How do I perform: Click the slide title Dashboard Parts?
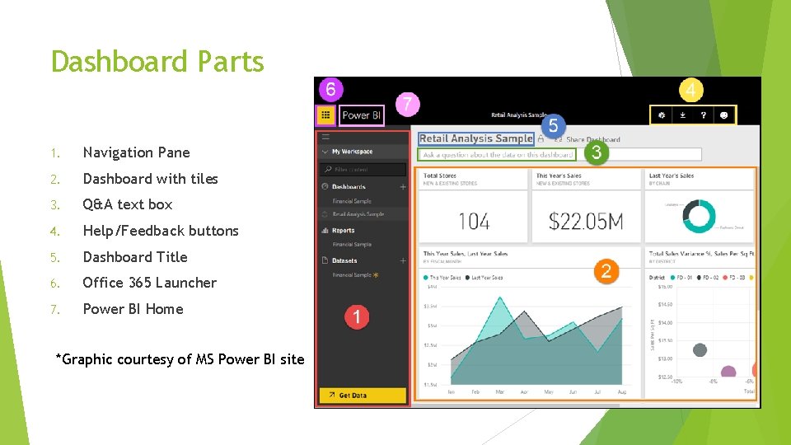[x=157, y=62]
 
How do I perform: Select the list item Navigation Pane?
[x=136, y=152]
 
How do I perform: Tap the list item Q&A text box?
[x=128, y=204]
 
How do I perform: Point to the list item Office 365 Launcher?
[x=149, y=283]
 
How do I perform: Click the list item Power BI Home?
[x=133, y=309]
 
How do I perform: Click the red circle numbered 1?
[x=356, y=316]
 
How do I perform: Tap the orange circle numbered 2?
[x=606, y=271]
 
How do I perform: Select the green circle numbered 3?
[x=596, y=152]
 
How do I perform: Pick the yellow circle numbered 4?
[x=690, y=90]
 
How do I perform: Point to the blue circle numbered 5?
[x=553, y=126]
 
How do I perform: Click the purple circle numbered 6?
[x=330, y=89]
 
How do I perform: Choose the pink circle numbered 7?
[x=407, y=105]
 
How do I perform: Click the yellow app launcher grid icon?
[x=326, y=115]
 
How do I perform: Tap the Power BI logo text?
[x=362, y=115]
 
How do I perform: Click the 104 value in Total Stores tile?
[x=474, y=221]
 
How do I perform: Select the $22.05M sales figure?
[x=586, y=221]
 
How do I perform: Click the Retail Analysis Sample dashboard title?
[x=475, y=138]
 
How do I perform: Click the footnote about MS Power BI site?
[x=180, y=358]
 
